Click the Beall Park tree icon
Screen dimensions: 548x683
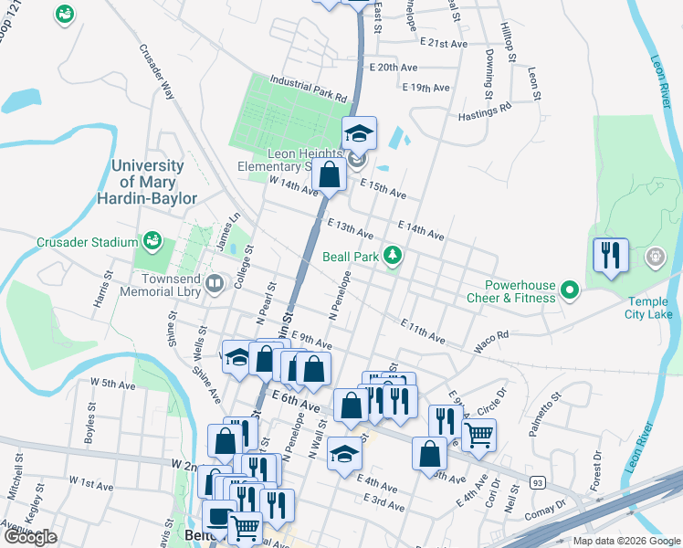[x=393, y=255]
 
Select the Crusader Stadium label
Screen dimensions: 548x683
[x=88, y=242]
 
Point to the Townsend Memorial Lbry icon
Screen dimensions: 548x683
[x=215, y=284]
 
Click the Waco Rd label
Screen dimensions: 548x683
[x=490, y=342]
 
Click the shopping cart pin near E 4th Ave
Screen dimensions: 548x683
[x=478, y=435]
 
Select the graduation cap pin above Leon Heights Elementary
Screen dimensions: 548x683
[x=359, y=133]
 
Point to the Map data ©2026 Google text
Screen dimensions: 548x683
[x=625, y=541]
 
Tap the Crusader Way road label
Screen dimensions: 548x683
[x=157, y=71]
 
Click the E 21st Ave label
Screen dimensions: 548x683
[x=444, y=43]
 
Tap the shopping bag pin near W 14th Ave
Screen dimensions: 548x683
[x=329, y=174]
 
